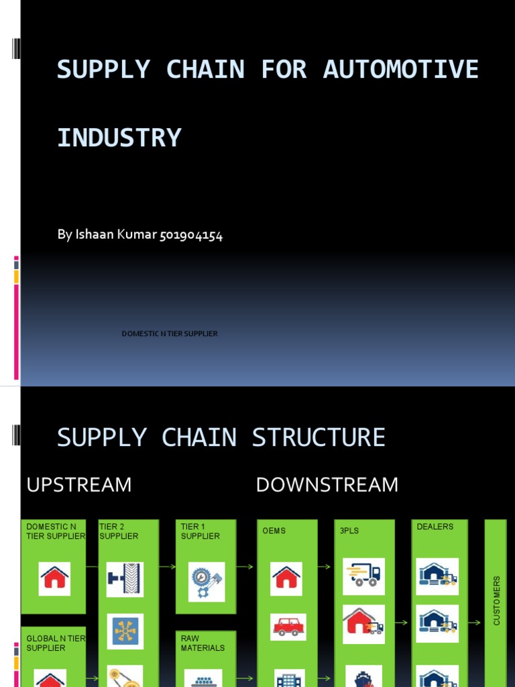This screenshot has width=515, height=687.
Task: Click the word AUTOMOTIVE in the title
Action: (400, 70)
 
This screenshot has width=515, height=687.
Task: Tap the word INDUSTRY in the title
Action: (119, 138)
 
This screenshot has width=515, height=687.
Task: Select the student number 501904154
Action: (191, 235)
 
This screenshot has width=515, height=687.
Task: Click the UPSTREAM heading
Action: (79, 484)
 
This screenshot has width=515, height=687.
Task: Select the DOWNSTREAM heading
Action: (327, 484)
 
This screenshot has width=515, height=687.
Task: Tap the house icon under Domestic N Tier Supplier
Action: (54, 578)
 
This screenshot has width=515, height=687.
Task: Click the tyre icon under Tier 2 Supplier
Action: (125, 580)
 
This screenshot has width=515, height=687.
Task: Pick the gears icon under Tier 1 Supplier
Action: (206, 581)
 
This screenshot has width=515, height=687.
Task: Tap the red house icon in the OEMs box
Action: (286, 578)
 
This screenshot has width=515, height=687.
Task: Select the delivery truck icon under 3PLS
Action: (363, 576)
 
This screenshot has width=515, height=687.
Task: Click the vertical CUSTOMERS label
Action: (497, 600)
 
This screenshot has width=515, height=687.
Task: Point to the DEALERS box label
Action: (435, 527)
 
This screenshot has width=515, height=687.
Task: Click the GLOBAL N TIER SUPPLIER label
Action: (55, 643)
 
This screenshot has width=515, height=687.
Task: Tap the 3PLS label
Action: (349, 531)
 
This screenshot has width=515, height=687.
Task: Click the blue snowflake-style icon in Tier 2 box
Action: (125, 631)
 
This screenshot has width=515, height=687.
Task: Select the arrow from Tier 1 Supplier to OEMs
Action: (245, 567)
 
